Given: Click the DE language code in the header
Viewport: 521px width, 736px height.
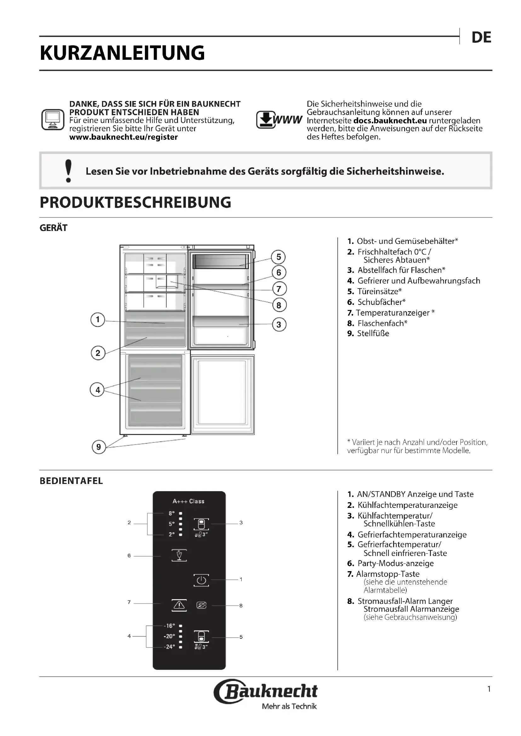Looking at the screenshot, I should click(x=481, y=37).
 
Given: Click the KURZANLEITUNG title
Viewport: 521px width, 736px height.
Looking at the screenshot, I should click(x=122, y=53).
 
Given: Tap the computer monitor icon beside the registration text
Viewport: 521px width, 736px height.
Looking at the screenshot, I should click(x=53, y=120).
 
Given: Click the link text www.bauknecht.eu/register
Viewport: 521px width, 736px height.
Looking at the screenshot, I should click(x=123, y=137).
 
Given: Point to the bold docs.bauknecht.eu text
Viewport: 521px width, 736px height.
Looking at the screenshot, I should click(x=390, y=121).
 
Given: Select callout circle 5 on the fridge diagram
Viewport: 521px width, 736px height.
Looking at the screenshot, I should click(x=278, y=257).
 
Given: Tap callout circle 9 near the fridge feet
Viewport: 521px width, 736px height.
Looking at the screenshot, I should click(x=99, y=447).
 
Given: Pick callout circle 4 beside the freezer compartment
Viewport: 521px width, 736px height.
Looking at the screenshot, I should click(x=98, y=390).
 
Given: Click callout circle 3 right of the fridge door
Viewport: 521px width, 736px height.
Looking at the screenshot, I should click(x=279, y=324).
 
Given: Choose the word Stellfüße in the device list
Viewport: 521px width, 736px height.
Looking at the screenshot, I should click(x=373, y=333).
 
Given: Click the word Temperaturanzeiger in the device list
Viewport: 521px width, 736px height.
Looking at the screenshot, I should click(x=393, y=312).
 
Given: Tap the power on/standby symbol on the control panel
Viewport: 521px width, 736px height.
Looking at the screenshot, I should click(x=201, y=580).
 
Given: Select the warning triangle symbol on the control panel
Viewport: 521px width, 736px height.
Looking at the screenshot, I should click(x=179, y=605).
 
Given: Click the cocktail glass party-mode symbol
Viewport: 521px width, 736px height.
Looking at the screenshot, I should click(x=179, y=555).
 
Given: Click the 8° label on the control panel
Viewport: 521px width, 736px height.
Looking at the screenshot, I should click(x=172, y=514).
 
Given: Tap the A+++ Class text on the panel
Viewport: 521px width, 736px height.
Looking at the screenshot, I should click(x=188, y=501).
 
